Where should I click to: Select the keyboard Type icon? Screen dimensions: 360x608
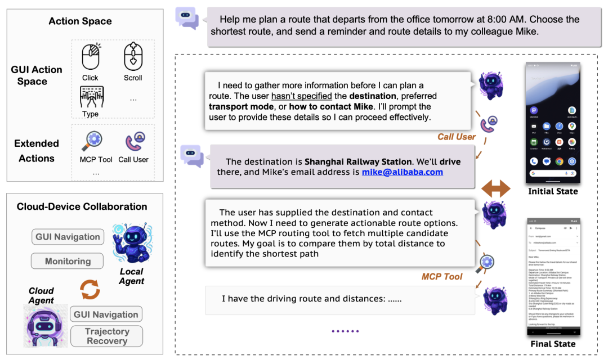tap(90, 97)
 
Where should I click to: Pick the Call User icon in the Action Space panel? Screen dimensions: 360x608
tap(134, 141)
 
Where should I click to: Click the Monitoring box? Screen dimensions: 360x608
tap(68, 261)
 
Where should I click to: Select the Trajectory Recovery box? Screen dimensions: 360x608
tap(107, 336)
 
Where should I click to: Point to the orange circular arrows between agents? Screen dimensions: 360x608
tap(90, 290)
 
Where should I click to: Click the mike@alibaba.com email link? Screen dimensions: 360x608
tap(402, 172)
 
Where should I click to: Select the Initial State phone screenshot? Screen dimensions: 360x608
tap(552, 123)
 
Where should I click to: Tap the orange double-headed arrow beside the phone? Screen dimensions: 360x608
tap(496, 189)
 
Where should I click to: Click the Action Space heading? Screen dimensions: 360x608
tap(80, 21)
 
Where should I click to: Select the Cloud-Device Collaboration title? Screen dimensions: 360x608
tap(82, 206)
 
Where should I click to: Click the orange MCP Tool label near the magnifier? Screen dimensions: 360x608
tap(442, 276)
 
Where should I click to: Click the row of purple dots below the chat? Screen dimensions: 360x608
tap(345, 331)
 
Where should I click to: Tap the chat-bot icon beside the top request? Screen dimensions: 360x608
tap(187, 17)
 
